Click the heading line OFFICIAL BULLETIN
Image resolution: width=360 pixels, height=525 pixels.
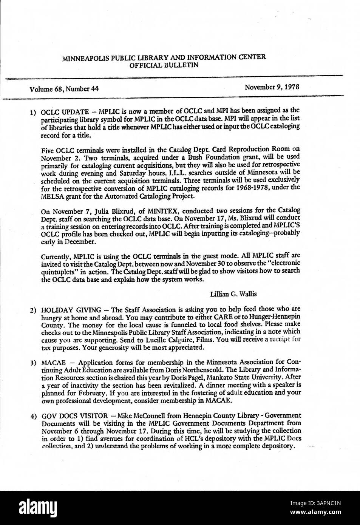[164, 65]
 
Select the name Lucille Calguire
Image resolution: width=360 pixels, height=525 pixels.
[174, 340]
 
